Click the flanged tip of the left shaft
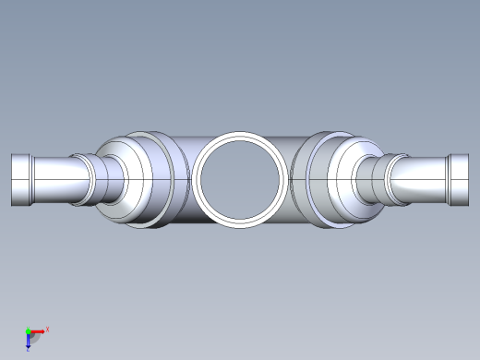(x=21, y=179)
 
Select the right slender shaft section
(x=420, y=179)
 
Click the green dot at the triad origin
(x=28, y=330)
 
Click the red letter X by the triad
(x=47, y=329)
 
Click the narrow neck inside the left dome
(x=113, y=179)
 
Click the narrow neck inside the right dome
(x=366, y=179)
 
